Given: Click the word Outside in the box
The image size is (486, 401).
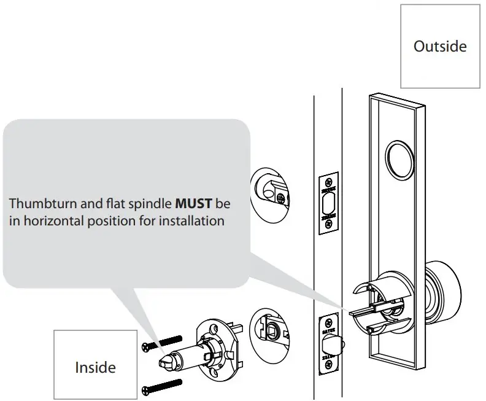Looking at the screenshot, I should click(440, 47).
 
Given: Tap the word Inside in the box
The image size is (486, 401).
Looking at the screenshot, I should click(95, 367).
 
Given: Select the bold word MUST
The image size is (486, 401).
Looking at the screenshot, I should click(193, 203).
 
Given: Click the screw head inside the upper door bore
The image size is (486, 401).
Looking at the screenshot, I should click(280, 198).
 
